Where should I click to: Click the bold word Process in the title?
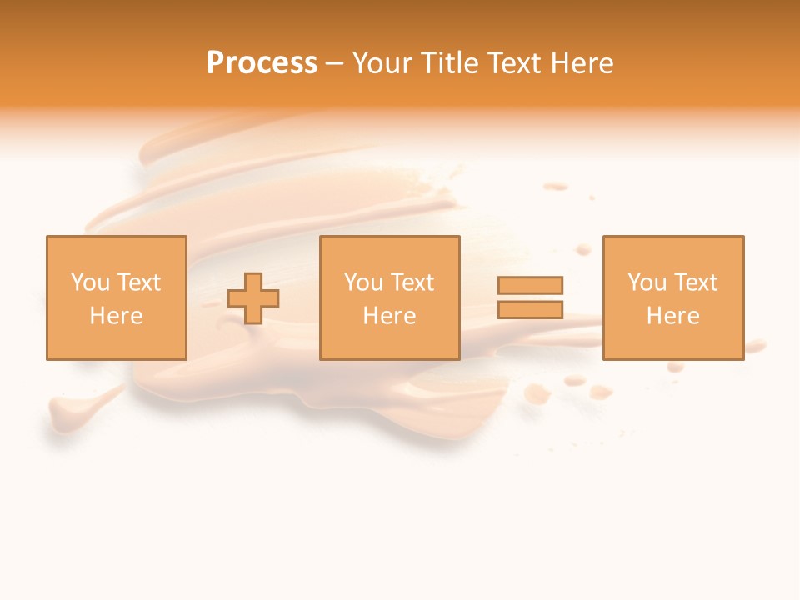[262, 63]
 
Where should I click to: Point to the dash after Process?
[334, 64]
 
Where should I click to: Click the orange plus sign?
[253, 298]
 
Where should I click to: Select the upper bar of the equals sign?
[530, 285]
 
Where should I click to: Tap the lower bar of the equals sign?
[530, 309]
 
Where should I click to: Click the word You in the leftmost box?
[89, 282]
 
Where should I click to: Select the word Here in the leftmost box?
[116, 316]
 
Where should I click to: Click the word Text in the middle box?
[412, 282]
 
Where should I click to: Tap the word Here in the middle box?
[389, 316]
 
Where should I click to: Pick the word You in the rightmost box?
[647, 282]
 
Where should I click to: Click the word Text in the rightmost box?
[695, 282]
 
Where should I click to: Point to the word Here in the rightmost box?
[672, 316]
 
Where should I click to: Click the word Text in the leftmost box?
[138, 282]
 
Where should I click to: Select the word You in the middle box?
[363, 282]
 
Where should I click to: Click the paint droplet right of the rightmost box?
[755, 345]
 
